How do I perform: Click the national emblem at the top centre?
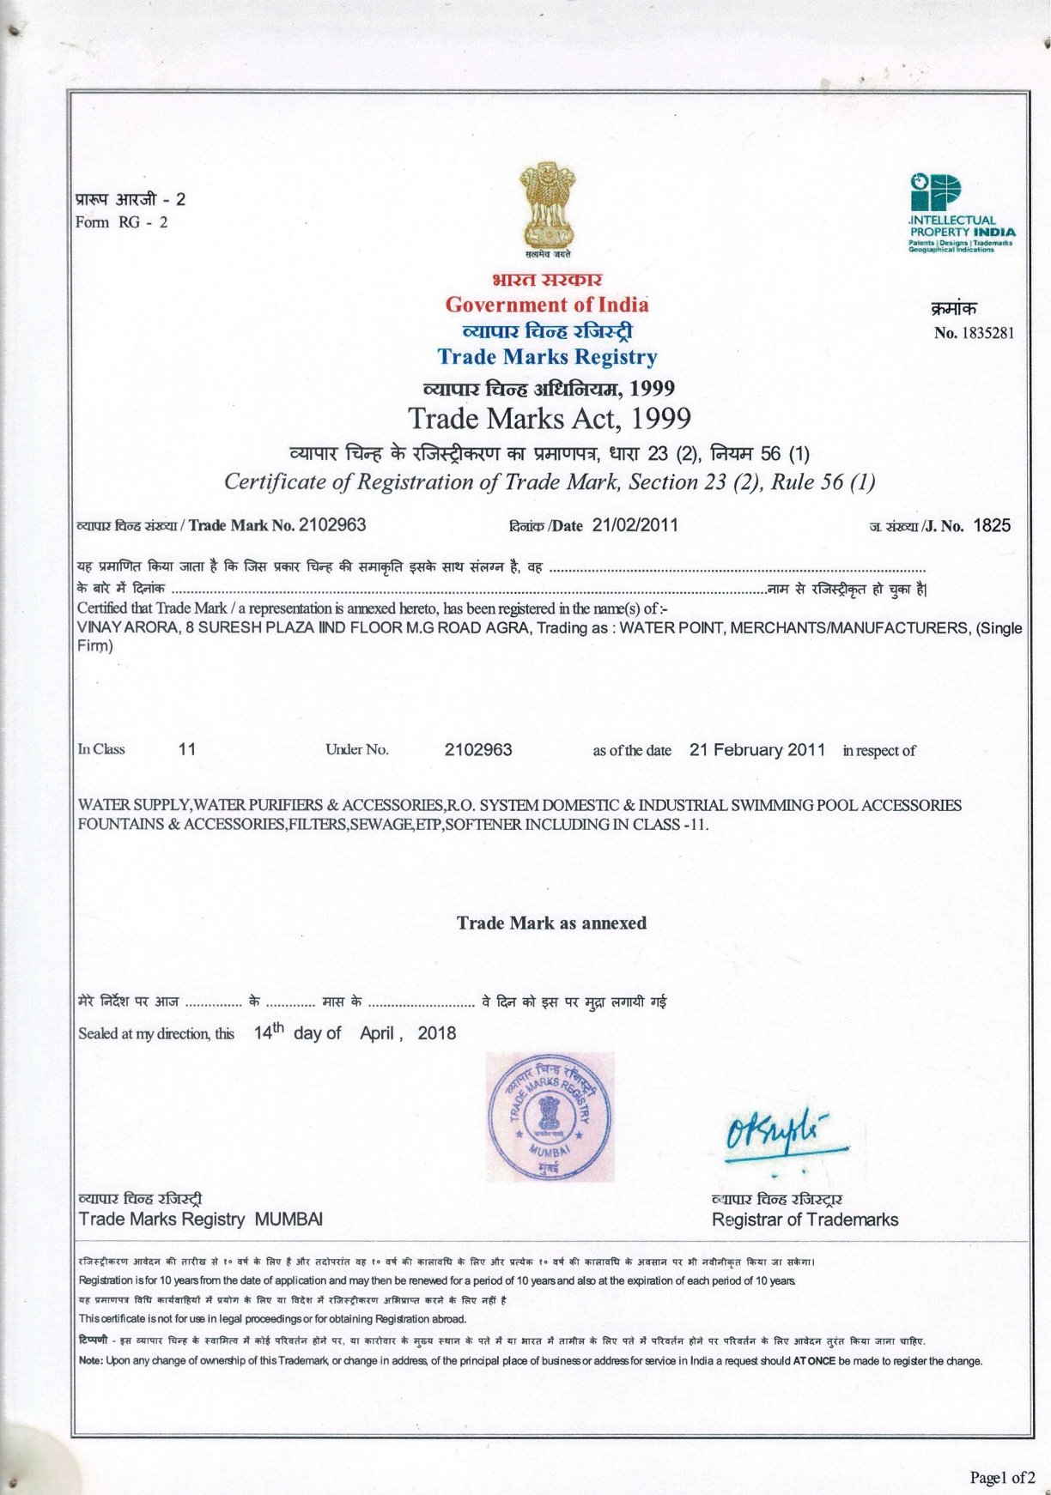pos(547,209)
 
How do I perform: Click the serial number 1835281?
pos(987,333)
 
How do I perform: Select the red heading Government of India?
pos(547,305)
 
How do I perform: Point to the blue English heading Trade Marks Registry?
pos(547,357)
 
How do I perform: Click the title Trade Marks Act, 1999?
pos(550,418)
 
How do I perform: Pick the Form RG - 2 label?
pos(122,223)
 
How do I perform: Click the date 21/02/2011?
pos(635,525)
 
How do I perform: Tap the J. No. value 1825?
pos(992,526)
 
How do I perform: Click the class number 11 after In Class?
pos(187,749)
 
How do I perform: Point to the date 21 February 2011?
pos(756,750)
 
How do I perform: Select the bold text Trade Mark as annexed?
pos(551,923)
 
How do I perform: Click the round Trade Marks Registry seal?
pos(550,1117)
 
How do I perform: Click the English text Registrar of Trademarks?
pos(805,1220)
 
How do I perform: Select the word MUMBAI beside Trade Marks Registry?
pos(289,1220)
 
